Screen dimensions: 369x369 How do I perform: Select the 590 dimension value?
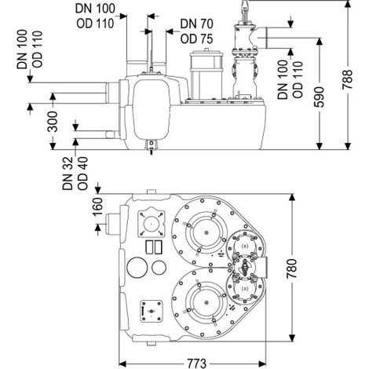tap(319, 97)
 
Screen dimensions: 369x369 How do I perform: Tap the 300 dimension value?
tap(53, 122)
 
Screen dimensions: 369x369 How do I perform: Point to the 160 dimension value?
tap(97, 206)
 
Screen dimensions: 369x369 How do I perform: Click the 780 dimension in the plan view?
tap(291, 269)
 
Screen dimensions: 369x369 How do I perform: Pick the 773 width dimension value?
tap(196, 363)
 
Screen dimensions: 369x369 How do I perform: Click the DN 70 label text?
tap(196, 24)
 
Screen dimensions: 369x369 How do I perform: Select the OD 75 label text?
tap(196, 39)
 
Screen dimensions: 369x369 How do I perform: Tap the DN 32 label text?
tap(68, 174)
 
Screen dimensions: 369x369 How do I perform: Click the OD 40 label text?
tap(82, 174)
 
